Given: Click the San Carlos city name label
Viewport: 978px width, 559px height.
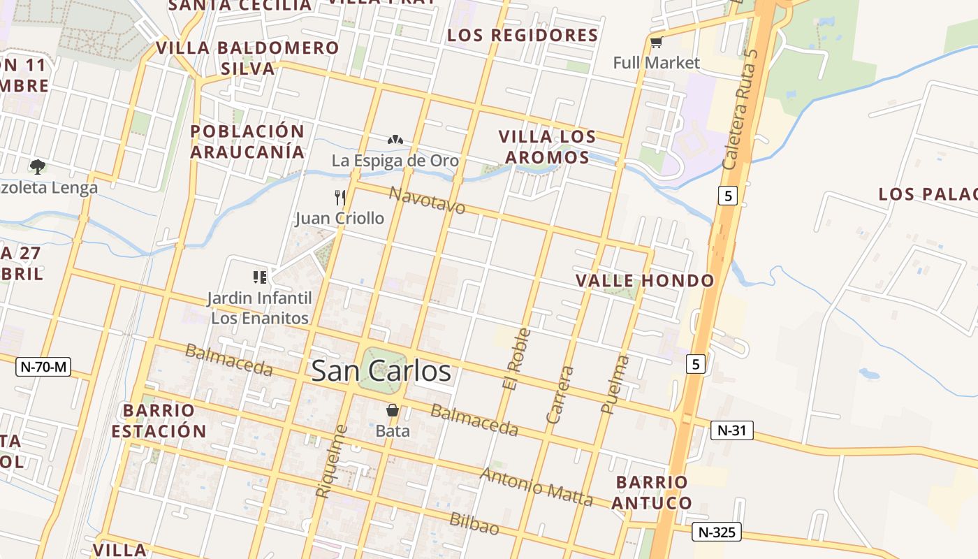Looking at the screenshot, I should pyautogui.click(x=381, y=371).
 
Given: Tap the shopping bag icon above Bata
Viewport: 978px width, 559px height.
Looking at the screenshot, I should pyautogui.click(x=393, y=410).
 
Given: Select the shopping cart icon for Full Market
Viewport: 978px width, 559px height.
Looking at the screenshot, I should pyautogui.click(x=656, y=43).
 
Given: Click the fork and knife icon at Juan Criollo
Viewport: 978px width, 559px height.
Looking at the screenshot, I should pyautogui.click(x=340, y=198).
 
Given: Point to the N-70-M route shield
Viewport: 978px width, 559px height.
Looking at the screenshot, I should pyautogui.click(x=43, y=365).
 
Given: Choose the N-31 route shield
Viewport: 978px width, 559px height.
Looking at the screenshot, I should pyautogui.click(x=732, y=430).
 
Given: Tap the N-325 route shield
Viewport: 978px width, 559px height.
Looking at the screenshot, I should pyautogui.click(x=716, y=532).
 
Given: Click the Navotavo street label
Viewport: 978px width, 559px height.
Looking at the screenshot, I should pyautogui.click(x=427, y=200).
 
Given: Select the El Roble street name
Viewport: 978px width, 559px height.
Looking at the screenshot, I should pyautogui.click(x=516, y=359).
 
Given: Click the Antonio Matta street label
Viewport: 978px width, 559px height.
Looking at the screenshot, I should pyautogui.click(x=537, y=487).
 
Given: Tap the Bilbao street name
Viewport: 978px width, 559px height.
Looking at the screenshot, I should pyautogui.click(x=474, y=523).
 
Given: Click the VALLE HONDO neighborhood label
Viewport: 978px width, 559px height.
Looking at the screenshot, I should pyautogui.click(x=645, y=281).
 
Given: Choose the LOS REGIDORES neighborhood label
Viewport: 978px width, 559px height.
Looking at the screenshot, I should pyautogui.click(x=523, y=35).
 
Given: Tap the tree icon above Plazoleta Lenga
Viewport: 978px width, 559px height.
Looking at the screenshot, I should pyautogui.click(x=37, y=166).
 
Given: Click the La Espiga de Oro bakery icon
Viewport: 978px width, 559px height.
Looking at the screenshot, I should pyautogui.click(x=395, y=140).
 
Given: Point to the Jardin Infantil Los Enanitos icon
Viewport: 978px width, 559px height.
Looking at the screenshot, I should pyautogui.click(x=260, y=277).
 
